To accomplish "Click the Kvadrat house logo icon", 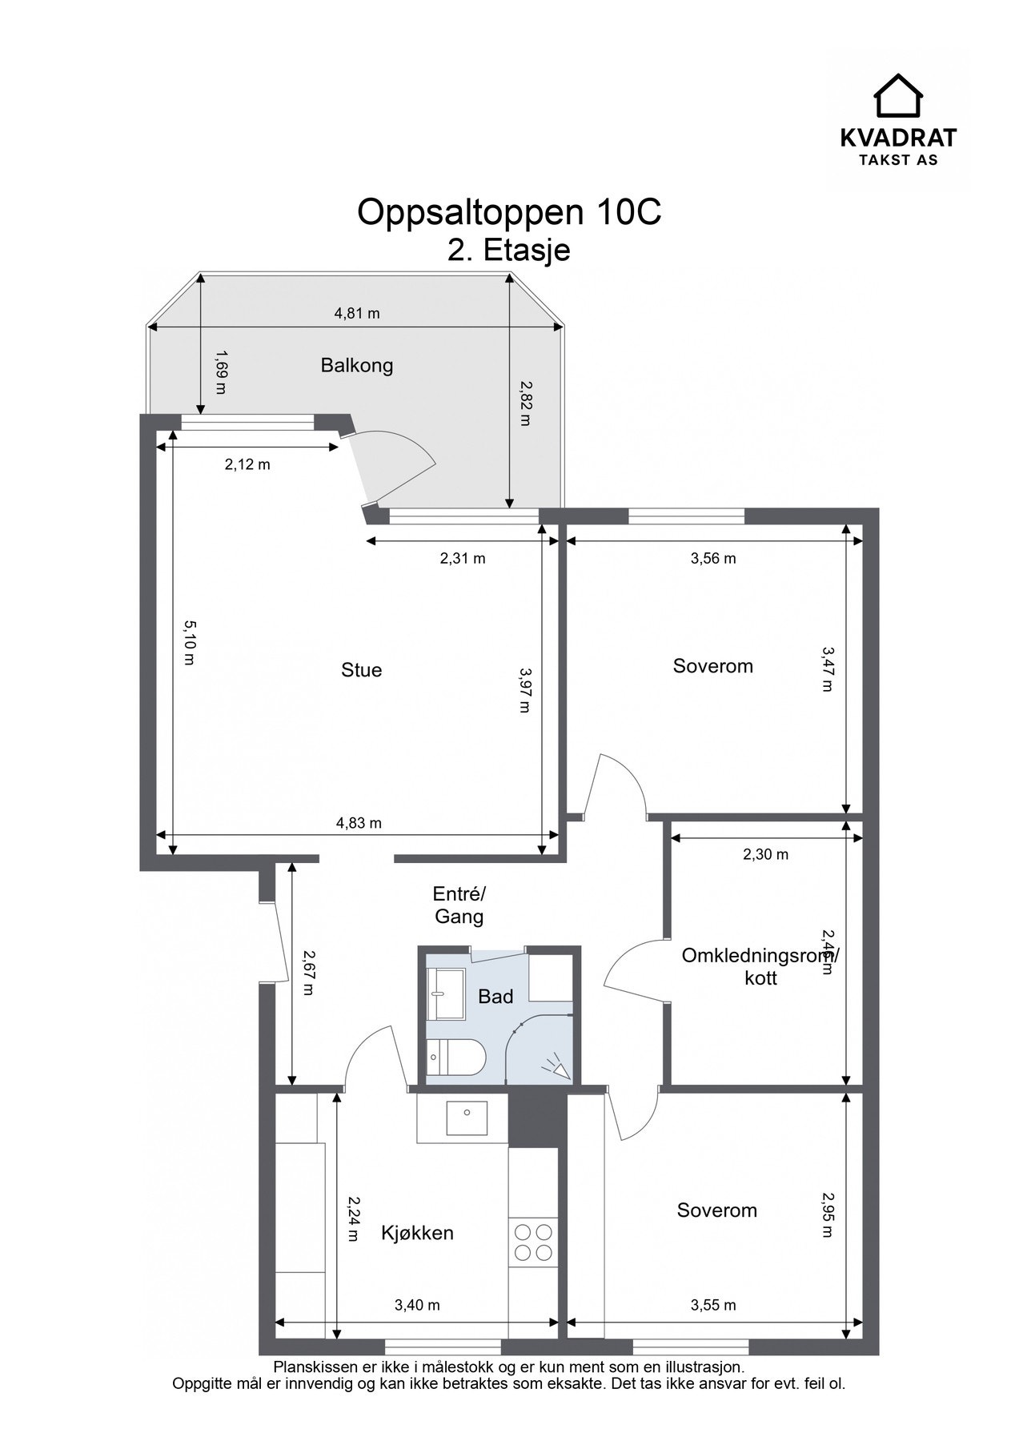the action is pos(898,95).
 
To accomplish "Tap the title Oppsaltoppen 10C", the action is pos(509,212).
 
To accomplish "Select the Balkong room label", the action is pos(357,366).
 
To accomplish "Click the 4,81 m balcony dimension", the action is pos(357,313).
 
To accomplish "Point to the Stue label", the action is pos(361,670).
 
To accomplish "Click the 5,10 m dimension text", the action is pos(190,642).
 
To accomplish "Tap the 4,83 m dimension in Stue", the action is pos(359,822).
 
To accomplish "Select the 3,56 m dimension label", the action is pos(713,559).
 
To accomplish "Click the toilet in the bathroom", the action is pos(456,1058).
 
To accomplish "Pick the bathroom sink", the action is pos(446,993).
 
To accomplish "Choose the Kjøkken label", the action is pos(417,1233).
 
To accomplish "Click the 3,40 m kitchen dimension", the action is pos(417,1305).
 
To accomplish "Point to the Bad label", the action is pos(495,997).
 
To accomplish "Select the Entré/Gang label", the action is pos(459,905).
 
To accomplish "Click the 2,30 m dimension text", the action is pos(766,854).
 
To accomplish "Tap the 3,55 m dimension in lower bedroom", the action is pos(713,1305).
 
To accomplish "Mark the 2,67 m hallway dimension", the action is pos(307,973).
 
